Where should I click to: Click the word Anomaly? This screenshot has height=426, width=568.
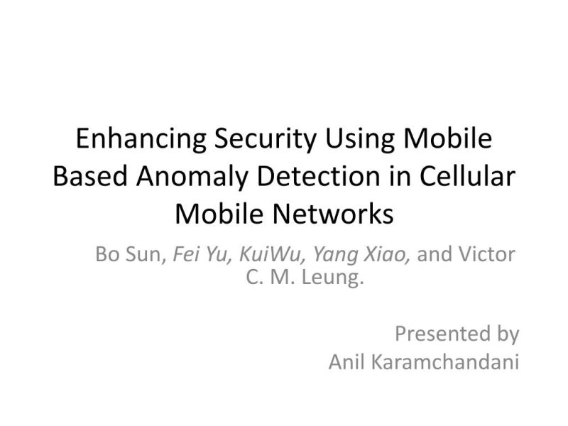(x=190, y=176)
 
